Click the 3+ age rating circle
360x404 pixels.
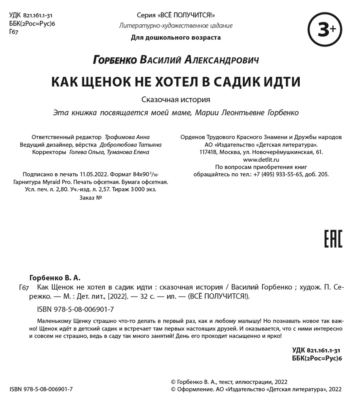click(325, 29)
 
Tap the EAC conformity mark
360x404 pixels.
click(333, 238)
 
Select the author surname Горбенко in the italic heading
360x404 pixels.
click(115, 60)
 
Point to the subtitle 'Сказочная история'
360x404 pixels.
click(176, 99)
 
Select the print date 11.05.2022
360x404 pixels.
click(94, 175)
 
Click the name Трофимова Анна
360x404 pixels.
click(127, 137)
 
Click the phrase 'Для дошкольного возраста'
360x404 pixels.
click(176, 38)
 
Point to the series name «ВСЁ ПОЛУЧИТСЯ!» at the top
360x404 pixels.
click(187, 16)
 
